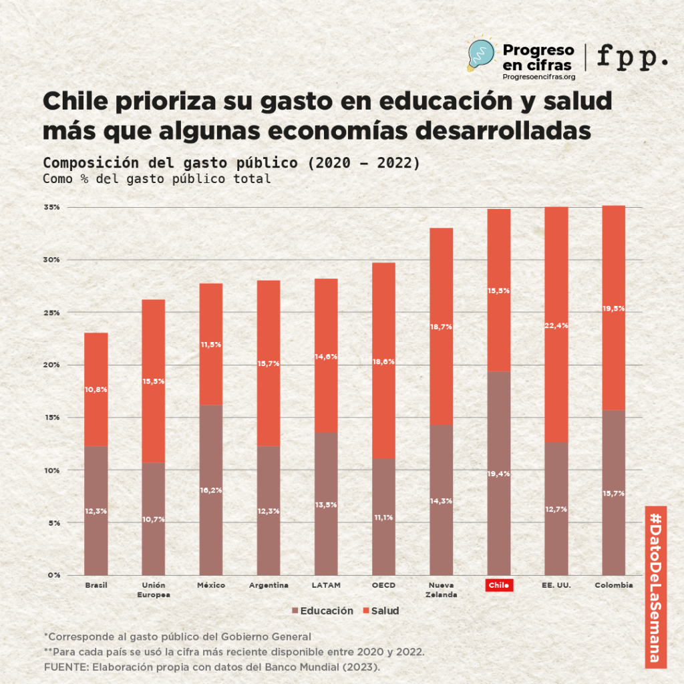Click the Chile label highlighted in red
click(x=498, y=585)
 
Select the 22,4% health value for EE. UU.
click(x=556, y=325)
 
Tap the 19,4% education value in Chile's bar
click(x=498, y=474)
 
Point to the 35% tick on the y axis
click(x=52, y=207)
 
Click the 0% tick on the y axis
click(x=53, y=574)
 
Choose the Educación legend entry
click(x=322, y=611)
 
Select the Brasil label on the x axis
click(x=96, y=585)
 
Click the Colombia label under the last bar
click(x=613, y=585)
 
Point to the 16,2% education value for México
click(x=211, y=490)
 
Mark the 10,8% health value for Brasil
click(x=96, y=389)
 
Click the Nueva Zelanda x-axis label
click(x=441, y=590)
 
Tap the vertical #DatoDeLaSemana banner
click(x=655, y=586)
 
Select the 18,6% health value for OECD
click(x=383, y=361)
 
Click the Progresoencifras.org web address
click(x=538, y=77)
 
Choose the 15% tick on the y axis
click(x=52, y=417)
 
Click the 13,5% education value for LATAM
click(x=326, y=506)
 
